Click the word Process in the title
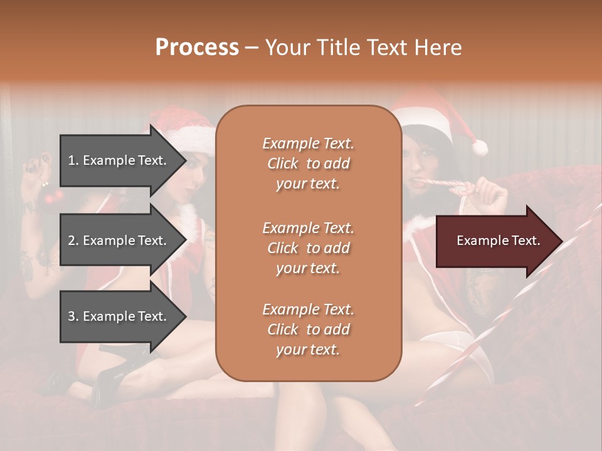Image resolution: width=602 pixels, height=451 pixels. (197, 48)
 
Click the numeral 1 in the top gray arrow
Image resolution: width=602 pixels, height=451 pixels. (71, 160)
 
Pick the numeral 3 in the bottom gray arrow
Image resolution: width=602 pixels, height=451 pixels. (71, 316)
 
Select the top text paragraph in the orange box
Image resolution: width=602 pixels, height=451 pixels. (308, 163)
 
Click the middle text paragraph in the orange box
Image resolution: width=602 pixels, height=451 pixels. (308, 248)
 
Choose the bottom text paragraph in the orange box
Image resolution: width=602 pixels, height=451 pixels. (308, 329)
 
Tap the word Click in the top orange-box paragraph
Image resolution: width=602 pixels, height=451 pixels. (283, 163)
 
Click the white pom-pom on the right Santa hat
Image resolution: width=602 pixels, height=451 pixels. (480, 148)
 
